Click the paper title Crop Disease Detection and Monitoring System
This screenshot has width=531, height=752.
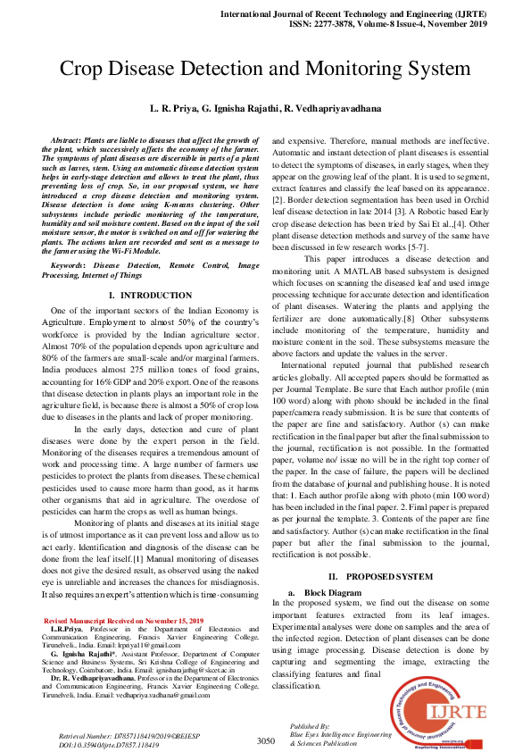pyautogui.click(x=265, y=70)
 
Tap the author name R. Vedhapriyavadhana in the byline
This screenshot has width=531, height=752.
pyautogui.click(x=332, y=109)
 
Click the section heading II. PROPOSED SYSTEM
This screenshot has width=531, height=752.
pyautogui.click(x=381, y=578)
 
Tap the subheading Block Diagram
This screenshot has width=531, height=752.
pyautogui.click(x=333, y=593)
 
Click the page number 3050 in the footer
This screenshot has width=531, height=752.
pyautogui.click(x=265, y=740)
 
